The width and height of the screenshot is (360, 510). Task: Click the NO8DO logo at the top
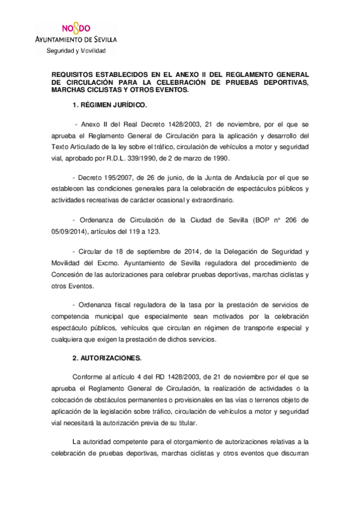pyautogui.click(x=77, y=28)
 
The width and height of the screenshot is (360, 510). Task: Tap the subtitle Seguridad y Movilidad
pyautogui.click(x=76, y=51)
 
